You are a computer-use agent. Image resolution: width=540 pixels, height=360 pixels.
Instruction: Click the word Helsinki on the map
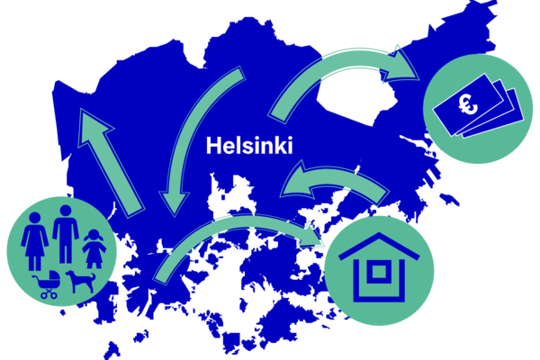coord(249,146)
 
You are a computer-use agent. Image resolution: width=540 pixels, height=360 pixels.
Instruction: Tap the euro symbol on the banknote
coord(468,104)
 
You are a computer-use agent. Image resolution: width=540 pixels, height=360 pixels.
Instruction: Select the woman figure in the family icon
coord(35,241)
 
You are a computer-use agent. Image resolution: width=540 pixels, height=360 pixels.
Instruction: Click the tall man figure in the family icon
coord(66,234)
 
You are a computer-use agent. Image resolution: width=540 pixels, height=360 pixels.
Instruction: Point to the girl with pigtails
coord(94,249)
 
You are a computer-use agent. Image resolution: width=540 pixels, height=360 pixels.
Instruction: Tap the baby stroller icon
coord(49,284)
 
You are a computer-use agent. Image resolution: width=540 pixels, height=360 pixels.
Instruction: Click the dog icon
coord(81,281)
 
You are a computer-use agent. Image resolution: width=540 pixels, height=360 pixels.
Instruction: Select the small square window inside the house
coord(379,272)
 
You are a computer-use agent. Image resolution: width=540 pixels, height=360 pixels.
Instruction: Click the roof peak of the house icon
coord(379,234)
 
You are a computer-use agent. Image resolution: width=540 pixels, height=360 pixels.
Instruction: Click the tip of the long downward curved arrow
coord(175,217)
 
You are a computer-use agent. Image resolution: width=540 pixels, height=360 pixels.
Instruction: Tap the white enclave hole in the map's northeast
coord(356,97)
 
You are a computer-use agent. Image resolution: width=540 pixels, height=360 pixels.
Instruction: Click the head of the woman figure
coord(35,218)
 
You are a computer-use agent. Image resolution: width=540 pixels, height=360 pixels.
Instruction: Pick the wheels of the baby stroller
coord(49,294)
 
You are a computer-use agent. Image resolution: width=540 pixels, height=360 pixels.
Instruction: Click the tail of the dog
coord(93,276)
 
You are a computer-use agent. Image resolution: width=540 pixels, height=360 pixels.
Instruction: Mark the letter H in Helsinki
coord(213,146)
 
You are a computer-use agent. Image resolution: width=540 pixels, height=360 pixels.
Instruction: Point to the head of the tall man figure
coord(66,211)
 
